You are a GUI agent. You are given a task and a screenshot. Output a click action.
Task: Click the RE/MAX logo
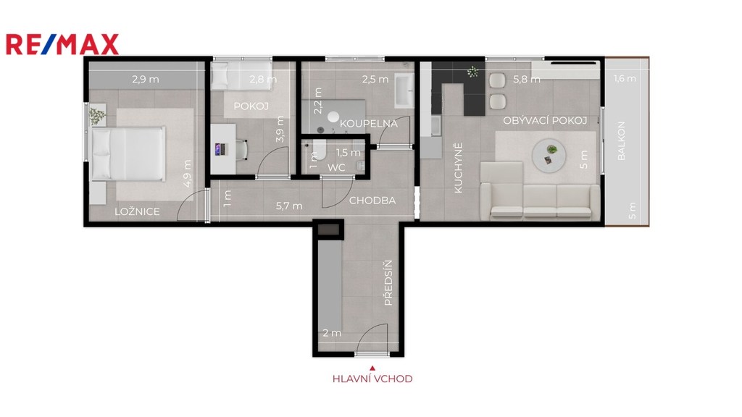[x=62, y=44]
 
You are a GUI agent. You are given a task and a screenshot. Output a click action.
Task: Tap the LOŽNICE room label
[x=137, y=211]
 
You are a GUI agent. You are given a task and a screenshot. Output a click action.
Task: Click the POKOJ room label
[x=251, y=106]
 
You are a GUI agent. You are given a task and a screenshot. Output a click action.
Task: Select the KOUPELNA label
[x=369, y=123]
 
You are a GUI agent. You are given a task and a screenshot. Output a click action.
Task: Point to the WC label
[x=336, y=167]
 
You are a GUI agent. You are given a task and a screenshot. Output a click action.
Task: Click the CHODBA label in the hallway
[x=372, y=201]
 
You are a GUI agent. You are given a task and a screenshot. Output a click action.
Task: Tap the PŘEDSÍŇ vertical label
[x=388, y=283]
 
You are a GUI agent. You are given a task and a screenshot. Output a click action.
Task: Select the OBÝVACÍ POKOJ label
[x=545, y=121]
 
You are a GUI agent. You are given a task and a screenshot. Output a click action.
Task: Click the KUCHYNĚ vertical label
[x=458, y=168]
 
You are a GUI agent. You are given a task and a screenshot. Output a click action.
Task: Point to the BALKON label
[x=621, y=141]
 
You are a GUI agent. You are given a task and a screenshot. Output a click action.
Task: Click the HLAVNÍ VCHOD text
[x=372, y=379]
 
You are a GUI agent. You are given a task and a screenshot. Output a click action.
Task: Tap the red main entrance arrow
[x=372, y=368]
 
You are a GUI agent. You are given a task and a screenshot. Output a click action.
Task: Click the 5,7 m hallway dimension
[x=289, y=206]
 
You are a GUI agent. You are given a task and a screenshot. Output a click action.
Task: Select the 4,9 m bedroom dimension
[x=188, y=174]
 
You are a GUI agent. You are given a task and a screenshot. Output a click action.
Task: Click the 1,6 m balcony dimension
[x=625, y=78]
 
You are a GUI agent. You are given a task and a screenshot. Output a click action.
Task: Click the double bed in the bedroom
[x=128, y=153]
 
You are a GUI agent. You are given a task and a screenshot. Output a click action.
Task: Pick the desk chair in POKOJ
[x=241, y=149]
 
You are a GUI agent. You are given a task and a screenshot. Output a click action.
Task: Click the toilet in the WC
[x=319, y=150]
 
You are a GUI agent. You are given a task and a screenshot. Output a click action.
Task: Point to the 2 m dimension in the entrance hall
[x=332, y=333]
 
